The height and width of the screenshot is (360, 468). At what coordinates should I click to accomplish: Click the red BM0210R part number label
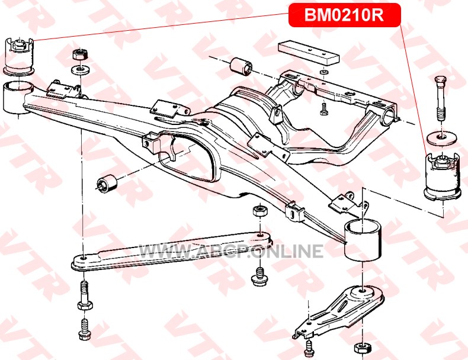click(344, 15)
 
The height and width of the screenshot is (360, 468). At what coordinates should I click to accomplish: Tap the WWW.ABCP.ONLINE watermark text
click(232, 251)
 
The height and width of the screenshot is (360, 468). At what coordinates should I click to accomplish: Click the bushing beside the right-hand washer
click(441, 176)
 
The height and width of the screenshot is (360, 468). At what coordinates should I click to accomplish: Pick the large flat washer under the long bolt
click(442, 138)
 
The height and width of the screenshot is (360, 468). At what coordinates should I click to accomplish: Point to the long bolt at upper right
click(441, 98)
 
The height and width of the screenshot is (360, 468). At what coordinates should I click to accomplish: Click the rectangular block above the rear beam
click(309, 53)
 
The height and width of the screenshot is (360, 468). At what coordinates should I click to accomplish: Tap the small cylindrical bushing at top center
click(241, 66)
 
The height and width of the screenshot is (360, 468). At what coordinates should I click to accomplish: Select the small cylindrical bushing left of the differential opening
click(107, 182)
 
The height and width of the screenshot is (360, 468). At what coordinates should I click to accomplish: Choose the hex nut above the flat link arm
click(259, 211)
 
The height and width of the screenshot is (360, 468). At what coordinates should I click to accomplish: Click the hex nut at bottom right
click(363, 348)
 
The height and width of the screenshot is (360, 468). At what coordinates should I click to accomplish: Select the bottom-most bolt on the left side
click(84, 329)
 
